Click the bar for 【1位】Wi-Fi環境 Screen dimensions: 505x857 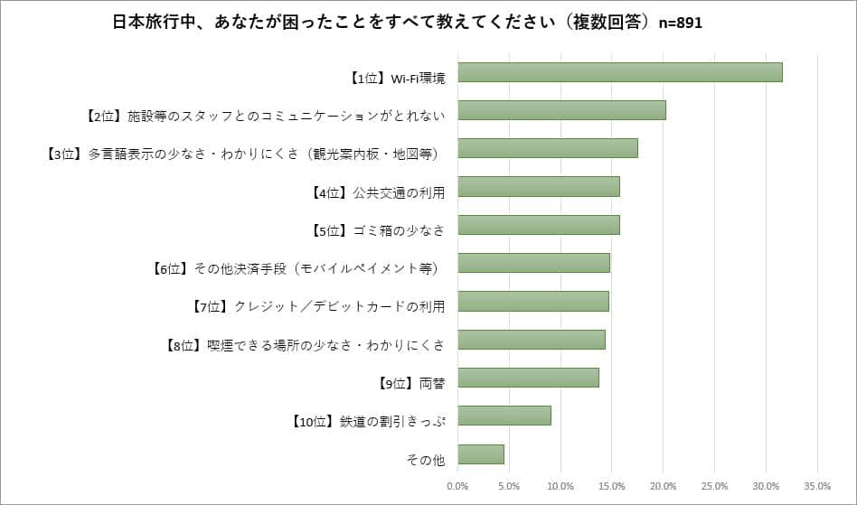point(620,71)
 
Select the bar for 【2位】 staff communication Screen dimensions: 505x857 point(562,110)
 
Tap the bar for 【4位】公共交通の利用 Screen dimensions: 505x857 point(539,186)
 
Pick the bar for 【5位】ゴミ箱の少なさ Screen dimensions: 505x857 point(539,225)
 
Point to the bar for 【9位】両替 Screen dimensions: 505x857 point(529,378)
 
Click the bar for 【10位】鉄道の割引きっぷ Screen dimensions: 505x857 point(504,416)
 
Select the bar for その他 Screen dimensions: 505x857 point(481,454)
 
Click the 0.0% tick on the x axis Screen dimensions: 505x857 point(458,486)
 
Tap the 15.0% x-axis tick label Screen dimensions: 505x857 point(612,486)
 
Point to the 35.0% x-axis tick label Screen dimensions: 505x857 point(817,486)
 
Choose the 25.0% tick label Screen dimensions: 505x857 point(714,486)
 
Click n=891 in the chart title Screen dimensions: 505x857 point(680,23)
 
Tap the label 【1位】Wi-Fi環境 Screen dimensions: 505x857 point(397,79)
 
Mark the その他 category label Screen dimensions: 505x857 point(427,460)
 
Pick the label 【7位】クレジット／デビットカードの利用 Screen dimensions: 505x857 point(319,306)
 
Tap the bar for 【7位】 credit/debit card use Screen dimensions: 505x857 point(533,301)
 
